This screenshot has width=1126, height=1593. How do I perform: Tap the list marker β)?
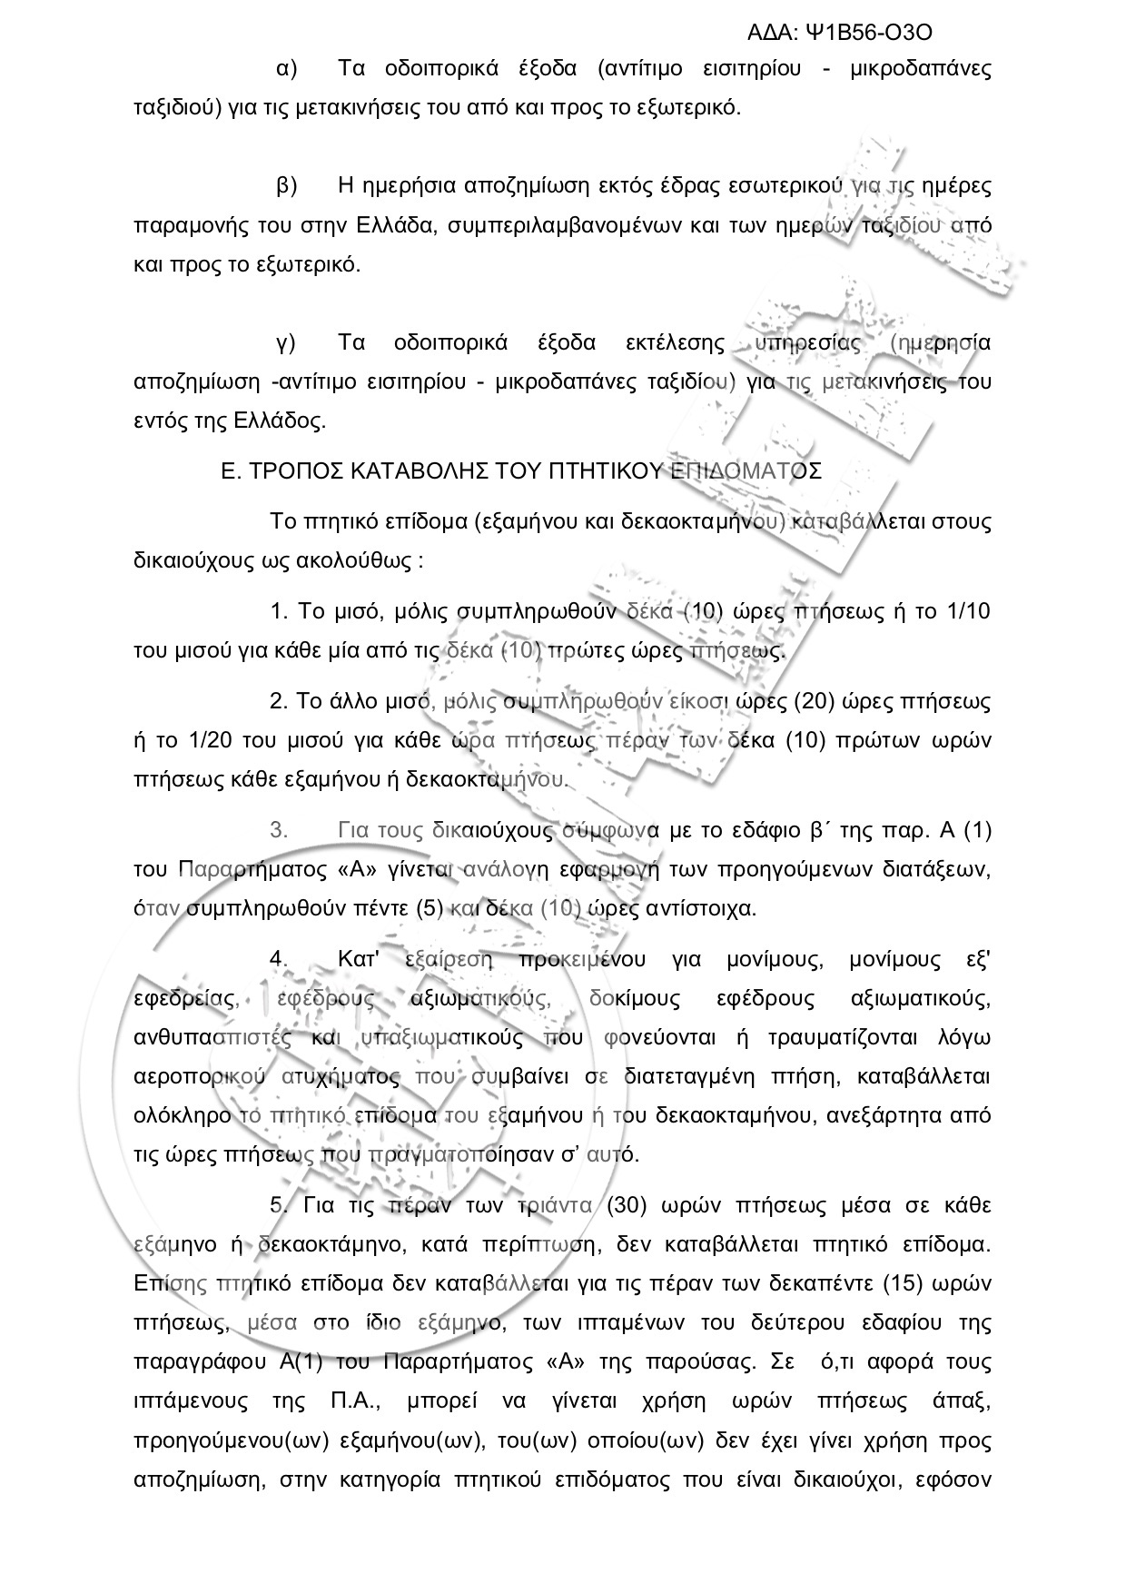click(287, 187)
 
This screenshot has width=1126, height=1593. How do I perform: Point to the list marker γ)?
click(287, 343)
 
